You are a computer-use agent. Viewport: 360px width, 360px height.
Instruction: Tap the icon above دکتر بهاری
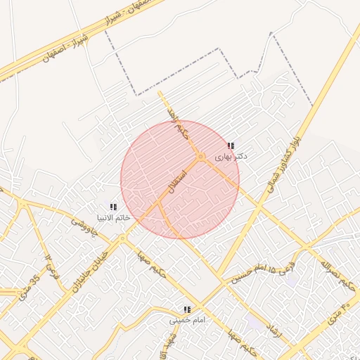(x=231, y=146)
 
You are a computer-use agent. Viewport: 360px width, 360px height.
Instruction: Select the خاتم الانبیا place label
(x=113, y=217)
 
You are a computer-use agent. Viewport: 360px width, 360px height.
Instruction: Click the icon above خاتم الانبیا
(x=113, y=206)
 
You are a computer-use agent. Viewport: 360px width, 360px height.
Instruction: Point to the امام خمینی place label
(x=187, y=320)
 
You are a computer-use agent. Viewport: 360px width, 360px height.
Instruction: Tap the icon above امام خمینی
(x=187, y=309)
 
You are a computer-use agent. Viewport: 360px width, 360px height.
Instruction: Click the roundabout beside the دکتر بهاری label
(x=201, y=156)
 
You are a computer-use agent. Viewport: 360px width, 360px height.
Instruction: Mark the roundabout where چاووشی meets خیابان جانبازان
(x=122, y=239)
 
